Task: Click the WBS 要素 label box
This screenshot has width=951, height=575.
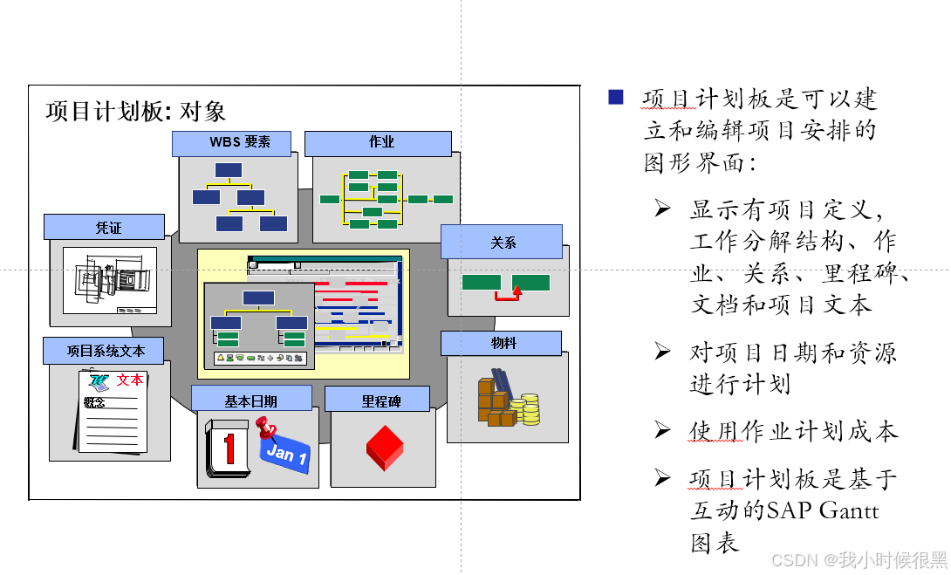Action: (231, 143)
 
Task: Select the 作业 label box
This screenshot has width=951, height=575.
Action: (378, 143)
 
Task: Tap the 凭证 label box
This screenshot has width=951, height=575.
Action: (105, 227)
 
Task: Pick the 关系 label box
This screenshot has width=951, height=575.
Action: (501, 242)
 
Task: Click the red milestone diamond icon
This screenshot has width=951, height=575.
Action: (384, 447)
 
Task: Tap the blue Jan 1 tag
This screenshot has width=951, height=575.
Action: (286, 455)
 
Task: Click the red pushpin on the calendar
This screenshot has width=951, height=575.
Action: (265, 428)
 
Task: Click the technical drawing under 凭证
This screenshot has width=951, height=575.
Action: (110, 280)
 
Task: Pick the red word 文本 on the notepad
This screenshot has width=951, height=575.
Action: (130, 380)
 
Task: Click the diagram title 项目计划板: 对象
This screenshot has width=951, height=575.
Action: (136, 111)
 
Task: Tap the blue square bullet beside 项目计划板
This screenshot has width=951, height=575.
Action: (616, 97)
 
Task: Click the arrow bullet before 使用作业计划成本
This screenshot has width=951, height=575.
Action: (663, 430)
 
